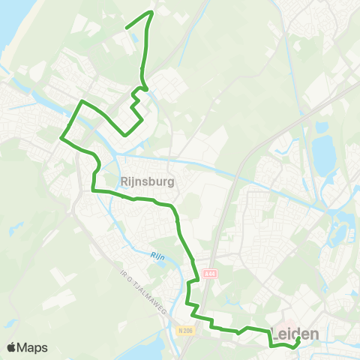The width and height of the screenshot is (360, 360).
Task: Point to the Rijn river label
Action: (x=157, y=256)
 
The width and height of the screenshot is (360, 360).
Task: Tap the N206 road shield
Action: (x=186, y=329)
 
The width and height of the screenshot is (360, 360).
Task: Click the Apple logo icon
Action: (x=11, y=347)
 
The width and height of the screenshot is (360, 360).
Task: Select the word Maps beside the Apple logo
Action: (x=33, y=347)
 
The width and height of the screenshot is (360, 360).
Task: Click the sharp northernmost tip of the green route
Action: (x=151, y=12)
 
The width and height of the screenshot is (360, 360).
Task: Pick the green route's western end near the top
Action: (x=125, y=28)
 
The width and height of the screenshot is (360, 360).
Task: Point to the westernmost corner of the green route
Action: (x=61, y=137)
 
